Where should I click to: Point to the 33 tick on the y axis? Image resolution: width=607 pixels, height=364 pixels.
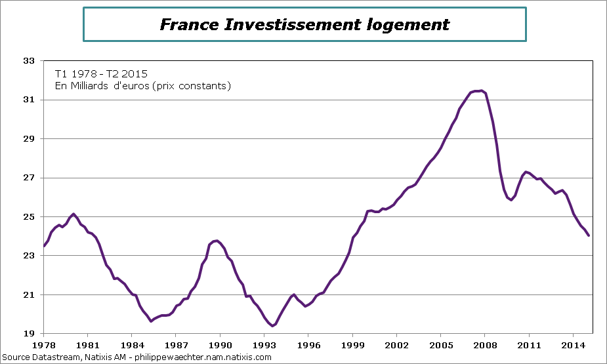click(x=28, y=61)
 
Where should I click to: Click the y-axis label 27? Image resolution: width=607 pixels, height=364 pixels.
click(x=28, y=178)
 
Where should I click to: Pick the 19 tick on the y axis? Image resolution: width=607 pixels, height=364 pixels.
click(x=28, y=334)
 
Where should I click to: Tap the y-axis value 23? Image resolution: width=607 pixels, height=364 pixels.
click(x=28, y=256)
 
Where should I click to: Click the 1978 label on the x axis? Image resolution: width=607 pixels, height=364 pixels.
click(x=44, y=345)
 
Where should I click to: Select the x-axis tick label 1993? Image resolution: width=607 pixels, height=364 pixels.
click(x=264, y=345)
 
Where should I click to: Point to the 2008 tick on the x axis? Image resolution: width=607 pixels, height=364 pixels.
click(x=485, y=345)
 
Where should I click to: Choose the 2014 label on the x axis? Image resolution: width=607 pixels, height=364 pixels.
click(x=574, y=345)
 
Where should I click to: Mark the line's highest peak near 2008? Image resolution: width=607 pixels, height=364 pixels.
click(x=481, y=91)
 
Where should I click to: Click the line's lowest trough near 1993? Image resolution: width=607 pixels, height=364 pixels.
click(x=272, y=325)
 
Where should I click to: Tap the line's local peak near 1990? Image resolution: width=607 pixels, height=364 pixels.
click(x=216, y=241)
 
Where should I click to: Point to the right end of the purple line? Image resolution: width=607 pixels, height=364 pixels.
click(x=589, y=235)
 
